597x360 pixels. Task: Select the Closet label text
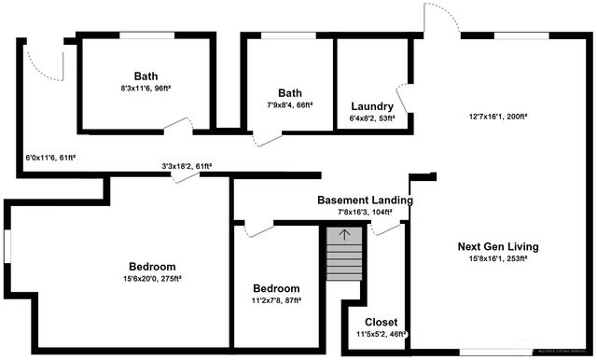click(381, 322)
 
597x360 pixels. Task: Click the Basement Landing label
click(365, 200)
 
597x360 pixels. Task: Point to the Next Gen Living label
click(498, 246)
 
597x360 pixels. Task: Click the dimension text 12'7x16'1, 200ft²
click(498, 118)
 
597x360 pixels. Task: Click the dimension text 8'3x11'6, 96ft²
click(146, 89)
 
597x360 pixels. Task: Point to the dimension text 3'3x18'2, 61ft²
click(187, 166)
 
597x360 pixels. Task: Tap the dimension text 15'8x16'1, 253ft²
click(498, 259)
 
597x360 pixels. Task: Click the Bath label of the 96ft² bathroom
click(146, 76)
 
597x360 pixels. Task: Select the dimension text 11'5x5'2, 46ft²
click(381, 334)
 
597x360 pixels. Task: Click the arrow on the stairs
click(342, 234)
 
